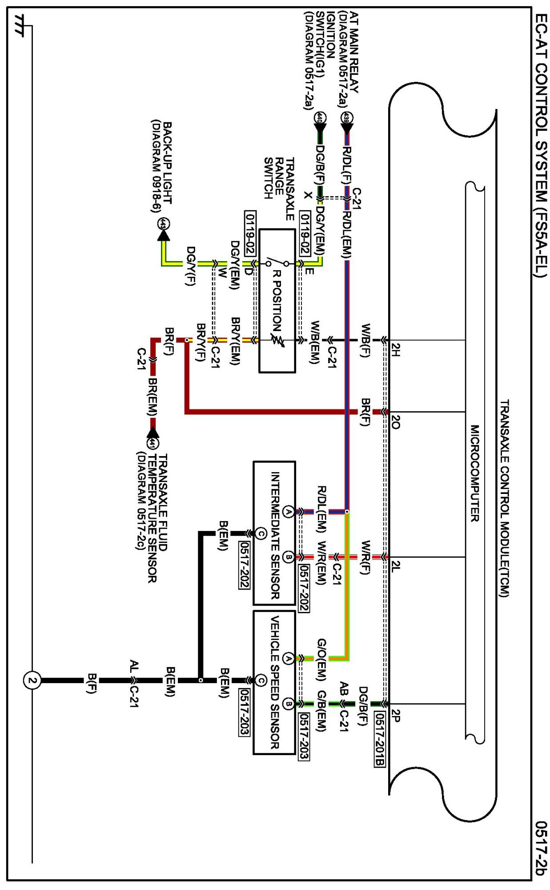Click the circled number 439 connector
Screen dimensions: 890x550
click(x=346, y=118)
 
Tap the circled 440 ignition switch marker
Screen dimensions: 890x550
click(x=319, y=118)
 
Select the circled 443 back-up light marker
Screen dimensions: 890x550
click(x=164, y=224)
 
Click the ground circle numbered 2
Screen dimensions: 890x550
click(x=32, y=680)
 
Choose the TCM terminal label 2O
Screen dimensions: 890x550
click(x=395, y=422)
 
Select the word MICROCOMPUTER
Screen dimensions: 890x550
click(x=475, y=473)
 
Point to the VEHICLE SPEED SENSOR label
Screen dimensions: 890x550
click(x=275, y=682)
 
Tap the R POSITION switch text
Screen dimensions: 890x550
click(x=277, y=301)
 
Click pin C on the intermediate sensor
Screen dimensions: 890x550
click(x=261, y=533)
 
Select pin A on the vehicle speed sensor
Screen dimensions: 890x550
click(x=288, y=658)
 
